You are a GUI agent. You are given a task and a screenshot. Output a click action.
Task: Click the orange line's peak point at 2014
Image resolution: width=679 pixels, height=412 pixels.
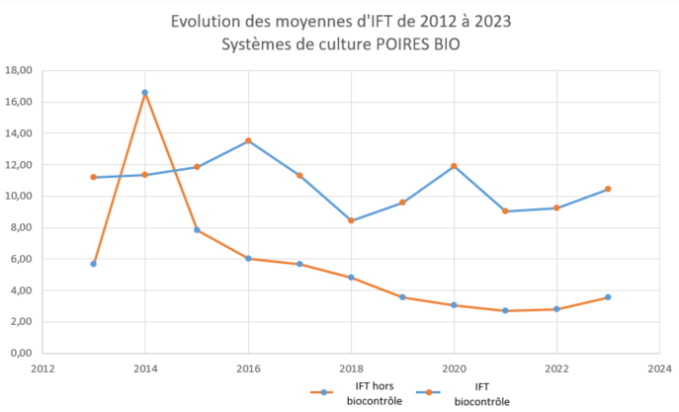coord(145,93)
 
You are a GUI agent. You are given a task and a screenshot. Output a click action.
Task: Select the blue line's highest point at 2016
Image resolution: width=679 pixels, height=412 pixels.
coord(248,140)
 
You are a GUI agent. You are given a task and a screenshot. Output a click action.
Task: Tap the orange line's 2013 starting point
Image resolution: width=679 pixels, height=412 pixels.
coord(94,264)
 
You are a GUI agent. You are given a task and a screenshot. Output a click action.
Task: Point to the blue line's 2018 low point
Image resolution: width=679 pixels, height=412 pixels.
coord(351,220)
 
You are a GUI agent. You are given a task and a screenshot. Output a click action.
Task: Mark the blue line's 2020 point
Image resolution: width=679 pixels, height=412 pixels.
coord(454,166)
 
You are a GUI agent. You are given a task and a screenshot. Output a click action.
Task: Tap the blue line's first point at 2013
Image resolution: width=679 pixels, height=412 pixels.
coord(94,177)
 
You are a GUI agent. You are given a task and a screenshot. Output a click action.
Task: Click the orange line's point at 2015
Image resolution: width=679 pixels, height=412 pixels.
coord(197,230)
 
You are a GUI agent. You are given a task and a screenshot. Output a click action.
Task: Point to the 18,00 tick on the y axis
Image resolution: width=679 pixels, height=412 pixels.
coord(20,70)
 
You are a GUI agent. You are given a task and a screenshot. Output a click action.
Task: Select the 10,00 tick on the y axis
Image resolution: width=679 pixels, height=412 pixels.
coord(20,196)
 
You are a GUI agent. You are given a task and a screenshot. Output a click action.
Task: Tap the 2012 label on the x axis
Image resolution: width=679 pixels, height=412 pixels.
coord(42,369)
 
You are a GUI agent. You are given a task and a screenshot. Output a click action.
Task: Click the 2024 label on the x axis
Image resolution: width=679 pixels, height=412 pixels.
coord(659,369)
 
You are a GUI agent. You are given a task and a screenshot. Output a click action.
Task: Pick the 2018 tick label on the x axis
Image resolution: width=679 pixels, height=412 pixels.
coord(351,369)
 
